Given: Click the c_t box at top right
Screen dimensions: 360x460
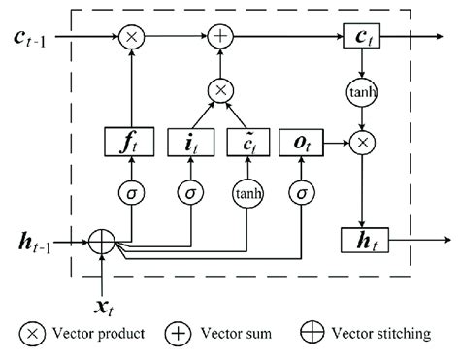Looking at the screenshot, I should pos(361,39).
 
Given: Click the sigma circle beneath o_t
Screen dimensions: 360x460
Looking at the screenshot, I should pos(304,192).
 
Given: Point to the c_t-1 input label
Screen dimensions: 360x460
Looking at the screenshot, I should pos(31,39).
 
